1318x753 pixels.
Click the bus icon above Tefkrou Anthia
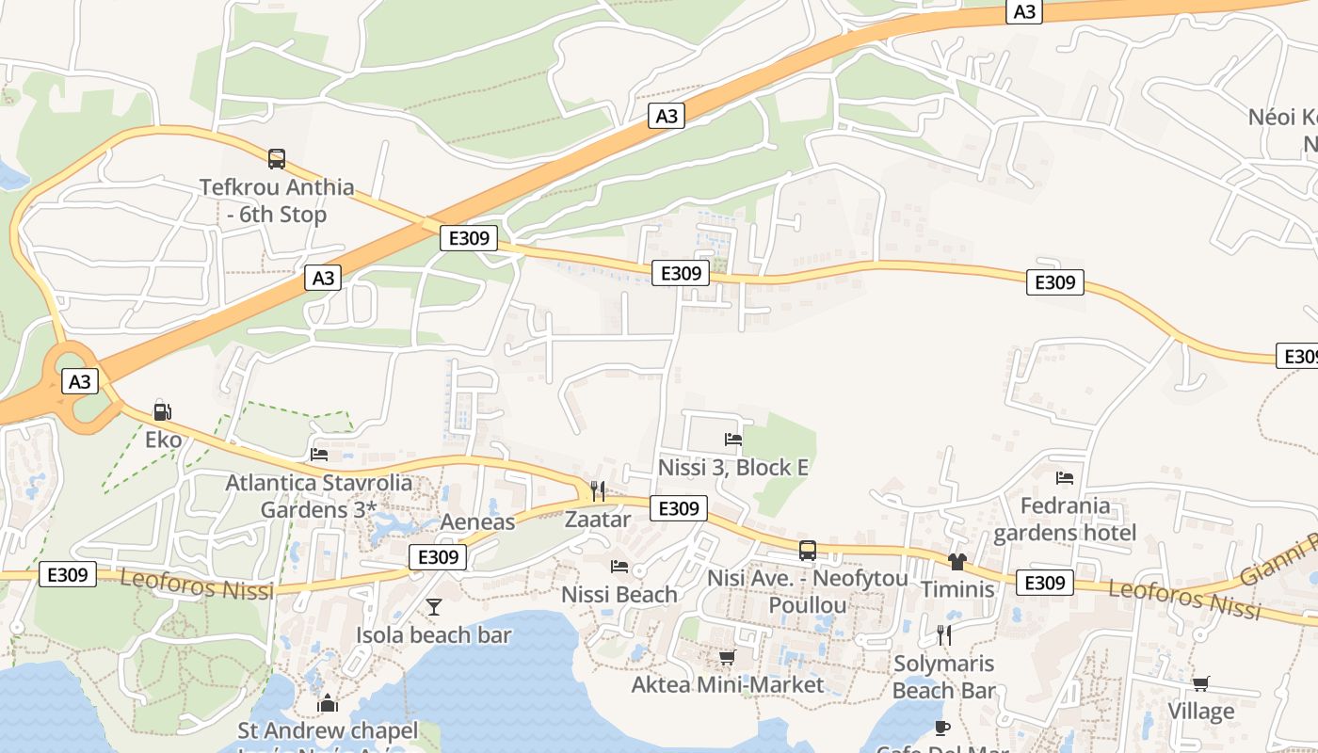coord(276,159)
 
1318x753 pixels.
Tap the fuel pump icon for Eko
coord(162,411)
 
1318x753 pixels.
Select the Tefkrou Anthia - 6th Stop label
coord(277,200)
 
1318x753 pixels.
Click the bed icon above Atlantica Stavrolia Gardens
coord(319,454)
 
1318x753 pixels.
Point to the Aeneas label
coord(478,522)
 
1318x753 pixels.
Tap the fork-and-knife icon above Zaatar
coord(597,490)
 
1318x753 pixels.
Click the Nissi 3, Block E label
coord(733,467)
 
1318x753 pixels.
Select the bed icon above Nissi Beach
coord(619,566)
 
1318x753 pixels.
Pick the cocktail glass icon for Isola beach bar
coord(433,607)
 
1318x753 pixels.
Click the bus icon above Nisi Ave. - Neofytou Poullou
coord(807,551)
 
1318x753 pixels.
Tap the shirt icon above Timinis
coord(957,562)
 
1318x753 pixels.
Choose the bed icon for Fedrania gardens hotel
coord(1065,478)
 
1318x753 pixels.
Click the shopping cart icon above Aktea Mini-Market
coord(727,657)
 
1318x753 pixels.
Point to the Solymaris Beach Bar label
coord(943,677)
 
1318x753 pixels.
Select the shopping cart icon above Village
coord(1200,683)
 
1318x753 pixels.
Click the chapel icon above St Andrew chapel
coord(328,702)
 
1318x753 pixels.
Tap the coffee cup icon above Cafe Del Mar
coord(941,728)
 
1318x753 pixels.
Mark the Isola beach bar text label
coord(433,635)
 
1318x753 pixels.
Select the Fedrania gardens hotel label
coord(1065,520)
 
